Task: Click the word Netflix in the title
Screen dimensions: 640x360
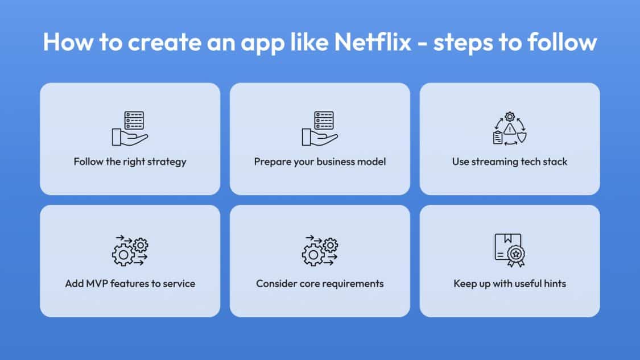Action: (373, 42)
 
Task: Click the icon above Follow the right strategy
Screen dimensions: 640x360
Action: (130, 128)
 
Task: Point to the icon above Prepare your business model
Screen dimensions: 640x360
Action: (320, 128)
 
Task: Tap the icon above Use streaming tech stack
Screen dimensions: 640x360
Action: (510, 128)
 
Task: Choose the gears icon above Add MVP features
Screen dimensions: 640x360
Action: (130, 251)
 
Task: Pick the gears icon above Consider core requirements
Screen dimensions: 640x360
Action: (320, 251)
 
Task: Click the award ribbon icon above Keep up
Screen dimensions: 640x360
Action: (510, 250)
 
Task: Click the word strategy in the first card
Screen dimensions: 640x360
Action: (167, 162)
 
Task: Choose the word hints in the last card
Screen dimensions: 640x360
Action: (555, 284)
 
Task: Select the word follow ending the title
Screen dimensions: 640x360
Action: (562, 42)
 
